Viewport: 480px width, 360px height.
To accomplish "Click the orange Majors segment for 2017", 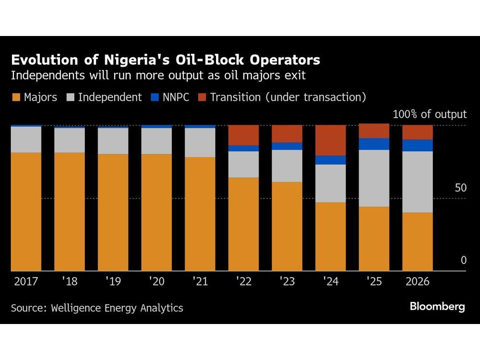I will (26, 211).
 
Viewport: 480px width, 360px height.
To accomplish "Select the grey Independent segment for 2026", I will (417, 181).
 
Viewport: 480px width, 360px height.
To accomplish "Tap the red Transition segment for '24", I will (330, 140).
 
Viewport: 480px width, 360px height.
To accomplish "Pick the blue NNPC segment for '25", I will (374, 144).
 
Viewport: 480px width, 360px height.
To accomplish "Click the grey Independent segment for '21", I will (200, 143).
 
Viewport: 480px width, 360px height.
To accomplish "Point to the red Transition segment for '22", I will (243, 135).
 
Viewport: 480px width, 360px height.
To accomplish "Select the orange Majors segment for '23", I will (287, 226).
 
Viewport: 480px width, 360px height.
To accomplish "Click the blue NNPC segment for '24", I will (330, 160).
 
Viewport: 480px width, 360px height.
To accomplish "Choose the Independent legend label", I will (110, 97).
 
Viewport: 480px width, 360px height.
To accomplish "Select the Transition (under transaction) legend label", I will (288, 97).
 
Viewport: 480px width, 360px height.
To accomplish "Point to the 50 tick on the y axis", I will (460, 188).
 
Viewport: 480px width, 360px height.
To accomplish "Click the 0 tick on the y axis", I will (463, 260).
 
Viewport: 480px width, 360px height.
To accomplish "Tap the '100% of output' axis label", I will (429, 114).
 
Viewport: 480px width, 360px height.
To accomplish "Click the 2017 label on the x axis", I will (26, 281).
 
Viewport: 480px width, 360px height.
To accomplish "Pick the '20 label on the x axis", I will (156, 281).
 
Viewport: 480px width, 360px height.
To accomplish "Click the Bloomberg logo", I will (437, 307).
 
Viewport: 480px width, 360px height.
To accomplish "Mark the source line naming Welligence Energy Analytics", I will (97, 308).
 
